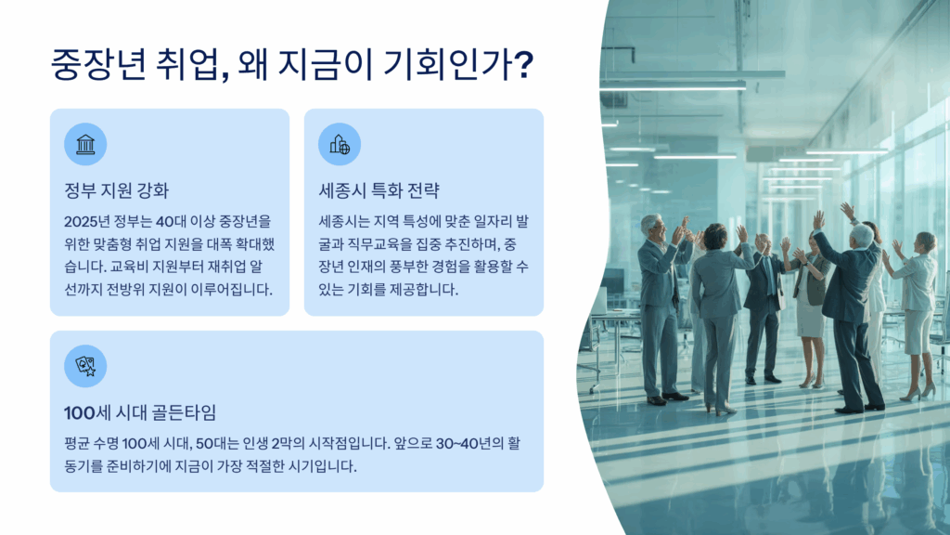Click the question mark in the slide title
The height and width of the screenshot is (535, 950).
pyautogui.click(x=523, y=64)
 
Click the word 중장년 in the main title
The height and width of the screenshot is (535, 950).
pyautogui.click(x=98, y=64)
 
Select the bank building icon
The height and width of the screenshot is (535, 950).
pyautogui.click(x=85, y=144)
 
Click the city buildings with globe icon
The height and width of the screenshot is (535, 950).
pyautogui.click(x=340, y=144)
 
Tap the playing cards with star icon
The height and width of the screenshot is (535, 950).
pyautogui.click(x=85, y=366)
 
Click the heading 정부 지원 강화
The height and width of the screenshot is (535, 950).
pyautogui.click(x=116, y=190)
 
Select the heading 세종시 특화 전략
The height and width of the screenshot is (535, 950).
pyautogui.click(x=379, y=190)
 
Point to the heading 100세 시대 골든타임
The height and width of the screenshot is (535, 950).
pyautogui.click(x=140, y=412)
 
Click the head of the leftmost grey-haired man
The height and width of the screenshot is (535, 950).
pyautogui.click(x=652, y=227)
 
